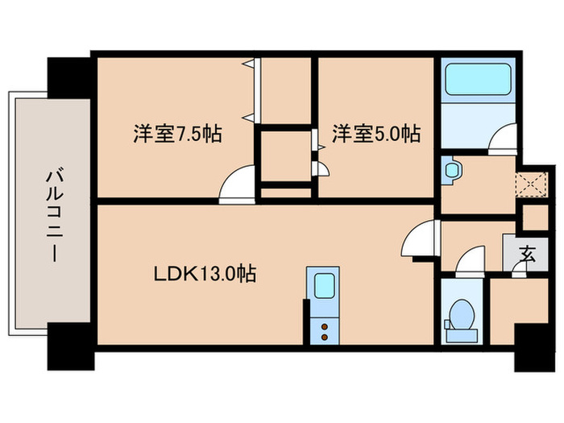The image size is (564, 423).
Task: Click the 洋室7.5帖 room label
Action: (x=177, y=133)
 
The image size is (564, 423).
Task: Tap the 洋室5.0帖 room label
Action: (x=376, y=133)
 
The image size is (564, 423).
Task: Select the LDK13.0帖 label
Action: (x=205, y=274)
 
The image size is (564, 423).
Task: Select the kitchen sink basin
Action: (x=325, y=286)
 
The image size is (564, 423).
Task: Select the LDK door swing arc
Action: (x=421, y=240)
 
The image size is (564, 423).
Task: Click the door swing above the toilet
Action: (x=469, y=263)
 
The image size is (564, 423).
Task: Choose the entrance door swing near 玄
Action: (x=519, y=270)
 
